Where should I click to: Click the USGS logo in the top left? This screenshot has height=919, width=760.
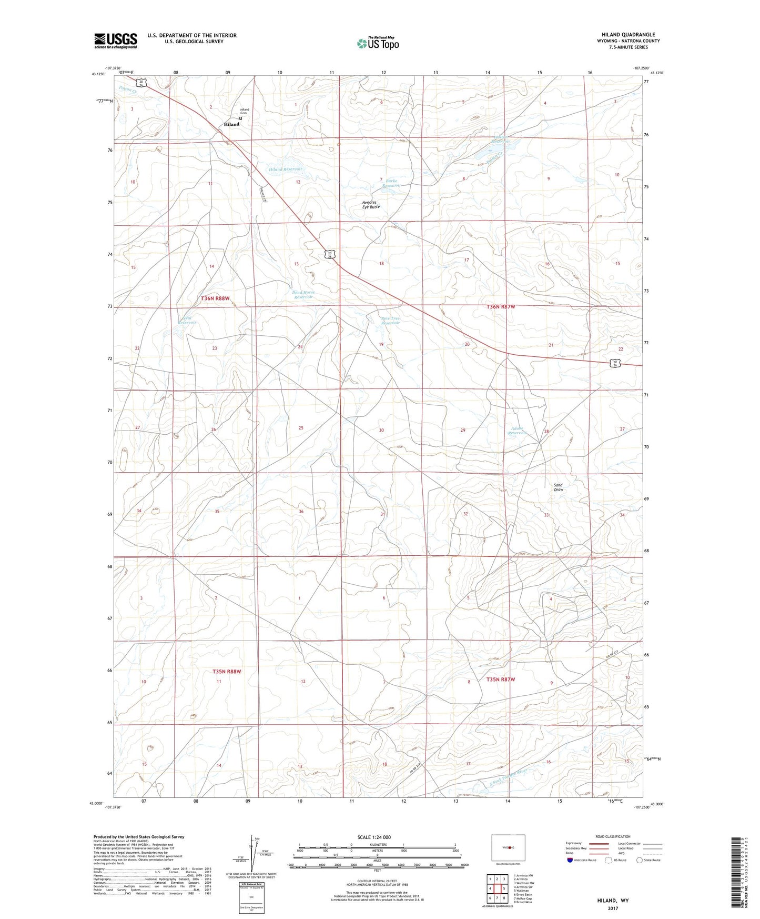pos(116,41)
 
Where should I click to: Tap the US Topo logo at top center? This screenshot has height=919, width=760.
pos(377,43)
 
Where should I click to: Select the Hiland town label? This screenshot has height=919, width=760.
pos(231,125)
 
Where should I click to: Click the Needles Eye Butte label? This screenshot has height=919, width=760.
pos(371,205)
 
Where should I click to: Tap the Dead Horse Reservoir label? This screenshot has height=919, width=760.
pos(303,295)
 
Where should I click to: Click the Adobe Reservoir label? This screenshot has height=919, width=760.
pos(518,431)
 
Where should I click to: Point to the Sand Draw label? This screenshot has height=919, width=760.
pos(558,487)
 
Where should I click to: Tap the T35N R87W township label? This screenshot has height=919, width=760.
pos(500,680)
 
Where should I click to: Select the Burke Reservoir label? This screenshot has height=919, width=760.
pos(392,183)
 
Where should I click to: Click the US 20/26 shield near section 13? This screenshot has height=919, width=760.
pos(329,255)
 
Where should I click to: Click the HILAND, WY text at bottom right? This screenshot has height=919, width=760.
pos(613,901)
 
